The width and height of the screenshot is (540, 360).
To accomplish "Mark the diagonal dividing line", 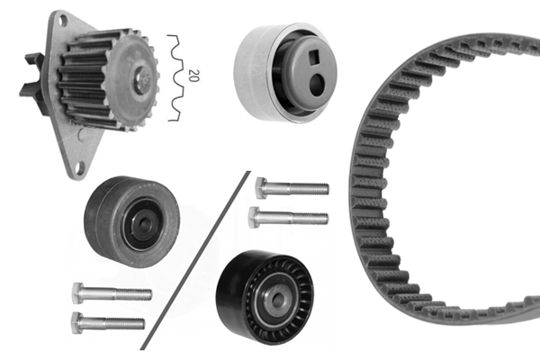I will click(x=193, y=261).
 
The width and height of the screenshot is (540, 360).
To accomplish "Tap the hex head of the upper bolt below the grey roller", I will click(x=79, y=292).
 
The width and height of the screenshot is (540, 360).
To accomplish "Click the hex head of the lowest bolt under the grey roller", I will click(x=79, y=320).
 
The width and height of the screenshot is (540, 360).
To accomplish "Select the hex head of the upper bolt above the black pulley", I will click(x=262, y=187).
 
